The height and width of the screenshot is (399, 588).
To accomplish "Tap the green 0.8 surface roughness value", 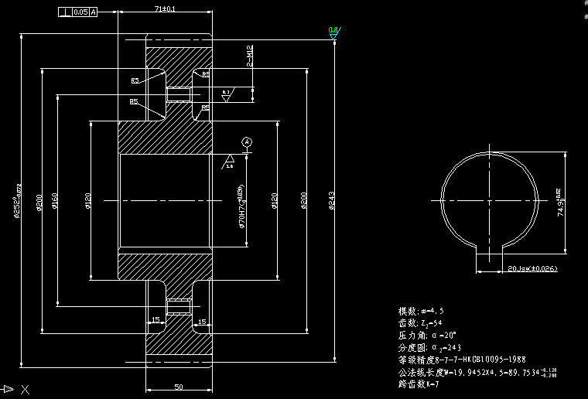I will pyautogui.click(x=333, y=30).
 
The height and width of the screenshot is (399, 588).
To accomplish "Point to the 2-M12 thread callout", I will pyautogui.click(x=249, y=56).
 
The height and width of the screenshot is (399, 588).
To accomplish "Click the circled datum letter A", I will pyautogui.click(x=247, y=142).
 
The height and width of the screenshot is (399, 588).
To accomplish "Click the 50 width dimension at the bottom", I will pyautogui.click(x=177, y=386).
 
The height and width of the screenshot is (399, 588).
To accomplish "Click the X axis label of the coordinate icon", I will pyautogui.click(x=26, y=390).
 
